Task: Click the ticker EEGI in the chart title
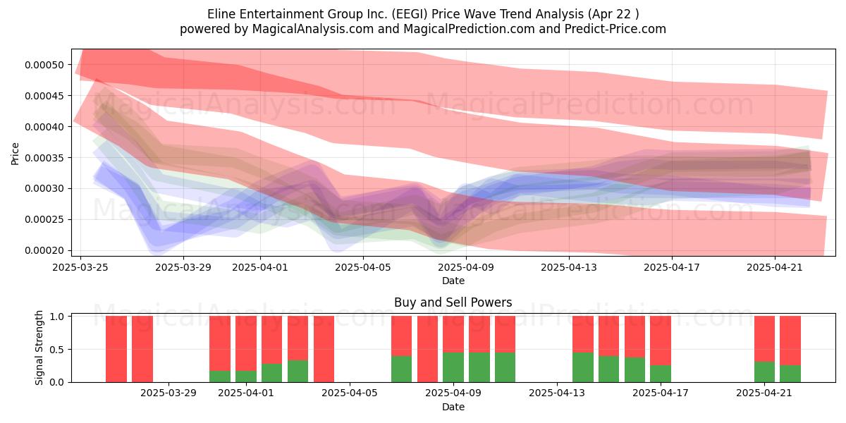[410, 14]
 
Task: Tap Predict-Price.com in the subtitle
[615, 29]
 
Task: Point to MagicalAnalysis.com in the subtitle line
[313, 29]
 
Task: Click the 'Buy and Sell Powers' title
[453, 302]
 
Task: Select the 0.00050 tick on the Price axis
[44, 65]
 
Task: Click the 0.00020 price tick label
[44, 250]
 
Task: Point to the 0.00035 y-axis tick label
[44, 158]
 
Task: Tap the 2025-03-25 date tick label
[80, 268]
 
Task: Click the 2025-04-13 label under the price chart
[569, 268]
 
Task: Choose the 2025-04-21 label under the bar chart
[764, 393]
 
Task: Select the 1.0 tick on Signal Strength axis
[57, 317]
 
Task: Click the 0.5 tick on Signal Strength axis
[57, 350]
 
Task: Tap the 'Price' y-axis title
[15, 154]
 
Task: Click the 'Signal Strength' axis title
[39, 348]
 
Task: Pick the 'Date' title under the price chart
[453, 281]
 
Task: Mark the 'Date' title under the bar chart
[453, 407]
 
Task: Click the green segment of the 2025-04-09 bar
[453, 367]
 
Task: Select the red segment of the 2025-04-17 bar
[661, 341]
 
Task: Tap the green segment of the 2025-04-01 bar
[246, 376]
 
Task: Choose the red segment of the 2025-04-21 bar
[764, 339]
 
